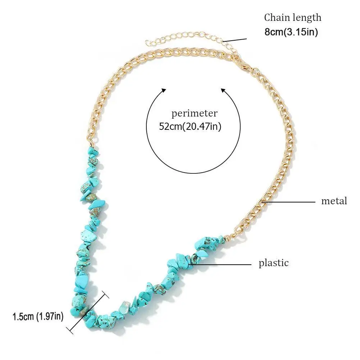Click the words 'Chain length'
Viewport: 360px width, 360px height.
[x=292, y=17]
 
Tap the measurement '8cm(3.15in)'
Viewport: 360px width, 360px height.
[x=291, y=32]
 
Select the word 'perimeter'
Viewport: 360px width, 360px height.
[x=194, y=114]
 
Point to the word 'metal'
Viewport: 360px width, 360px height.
[x=334, y=201]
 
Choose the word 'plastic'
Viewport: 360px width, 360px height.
[x=274, y=263]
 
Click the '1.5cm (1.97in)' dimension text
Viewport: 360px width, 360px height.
[x=38, y=317]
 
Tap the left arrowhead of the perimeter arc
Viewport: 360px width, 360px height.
[x=163, y=90]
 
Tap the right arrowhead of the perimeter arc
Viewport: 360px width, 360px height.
[x=223, y=90]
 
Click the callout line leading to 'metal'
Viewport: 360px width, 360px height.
[x=291, y=202]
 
